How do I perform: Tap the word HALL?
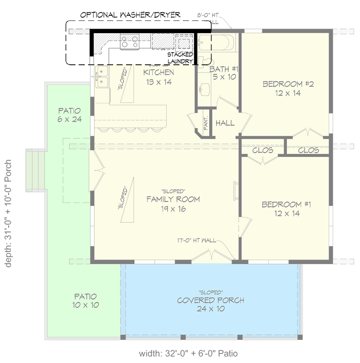(x=225, y=123)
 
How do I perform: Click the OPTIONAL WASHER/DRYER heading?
(x=130, y=15)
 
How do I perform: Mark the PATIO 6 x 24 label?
(x=69, y=115)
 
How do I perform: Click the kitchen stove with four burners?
(x=129, y=42)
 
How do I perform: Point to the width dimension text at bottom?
(x=188, y=353)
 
